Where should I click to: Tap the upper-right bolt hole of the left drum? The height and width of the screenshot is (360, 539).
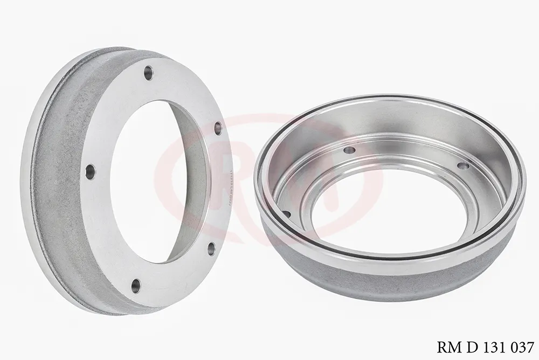(x=218, y=128)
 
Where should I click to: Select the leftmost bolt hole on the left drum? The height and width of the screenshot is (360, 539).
(x=90, y=171)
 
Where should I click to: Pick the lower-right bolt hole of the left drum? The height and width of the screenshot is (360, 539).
(x=211, y=248)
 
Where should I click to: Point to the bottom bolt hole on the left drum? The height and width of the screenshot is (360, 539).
(x=136, y=285)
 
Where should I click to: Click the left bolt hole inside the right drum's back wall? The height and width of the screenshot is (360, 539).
(x=349, y=150)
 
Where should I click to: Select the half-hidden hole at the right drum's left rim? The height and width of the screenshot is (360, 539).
(x=286, y=214)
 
